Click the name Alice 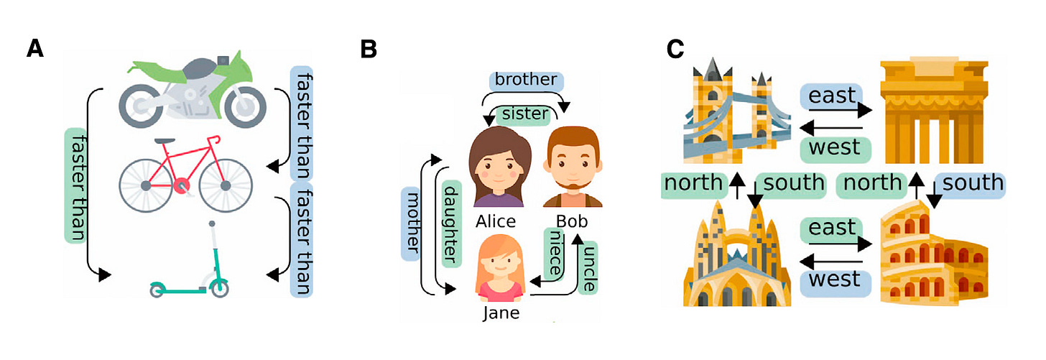tap(496, 221)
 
